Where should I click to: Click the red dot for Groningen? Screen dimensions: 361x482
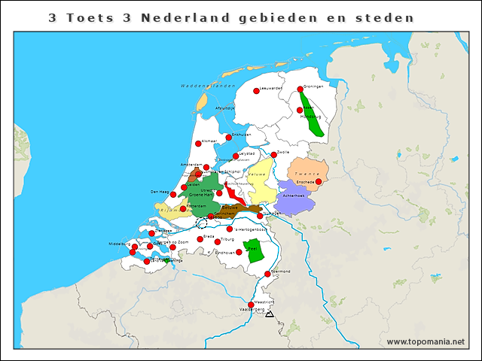[x=300, y=89]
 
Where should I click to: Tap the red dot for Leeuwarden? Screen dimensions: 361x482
[x=256, y=91]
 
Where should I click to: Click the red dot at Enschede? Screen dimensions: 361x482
[x=319, y=181]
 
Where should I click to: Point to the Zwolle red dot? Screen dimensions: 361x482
[x=274, y=155]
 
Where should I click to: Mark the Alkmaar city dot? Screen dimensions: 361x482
[x=198, y=144]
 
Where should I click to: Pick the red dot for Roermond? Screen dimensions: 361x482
[x=267, y=274]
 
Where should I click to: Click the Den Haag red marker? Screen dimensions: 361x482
[x=173, y=194]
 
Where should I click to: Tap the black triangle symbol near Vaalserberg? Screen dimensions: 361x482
[x=269, y=314]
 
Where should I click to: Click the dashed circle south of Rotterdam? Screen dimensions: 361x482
[x=201, y=223]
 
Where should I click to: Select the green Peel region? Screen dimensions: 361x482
[x=255, y=250]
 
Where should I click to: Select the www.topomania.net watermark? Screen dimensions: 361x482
[x=426, y=341]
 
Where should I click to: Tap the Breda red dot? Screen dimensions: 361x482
[x=200, y=239]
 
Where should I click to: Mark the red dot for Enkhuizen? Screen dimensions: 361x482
[x=228, y=137]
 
